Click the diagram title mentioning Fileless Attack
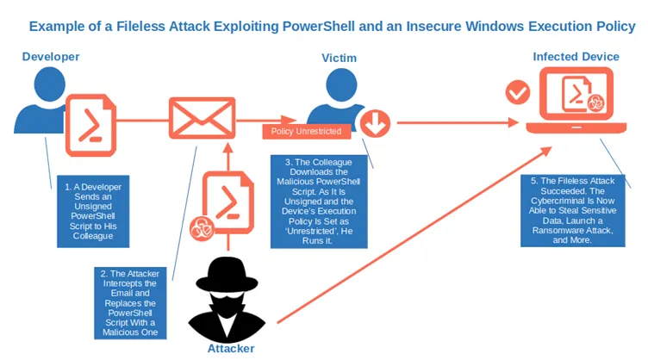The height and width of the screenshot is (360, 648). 332,26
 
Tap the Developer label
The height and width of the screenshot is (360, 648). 51,57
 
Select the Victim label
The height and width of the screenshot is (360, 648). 339,59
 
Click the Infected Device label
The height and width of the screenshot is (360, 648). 576,57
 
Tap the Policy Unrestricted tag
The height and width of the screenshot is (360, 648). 306,132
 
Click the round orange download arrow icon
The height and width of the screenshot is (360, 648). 376,124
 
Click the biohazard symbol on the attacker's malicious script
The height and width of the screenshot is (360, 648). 201,229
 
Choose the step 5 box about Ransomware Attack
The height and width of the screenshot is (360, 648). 572,211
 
